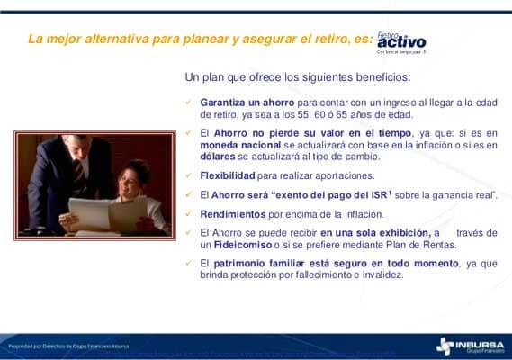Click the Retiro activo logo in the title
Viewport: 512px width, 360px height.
tap(401, 41)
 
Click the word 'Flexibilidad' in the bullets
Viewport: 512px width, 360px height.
tap(228, 175)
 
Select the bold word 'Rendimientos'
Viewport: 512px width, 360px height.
tap(233, 213)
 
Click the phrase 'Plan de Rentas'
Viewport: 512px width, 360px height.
tap(426, 245)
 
